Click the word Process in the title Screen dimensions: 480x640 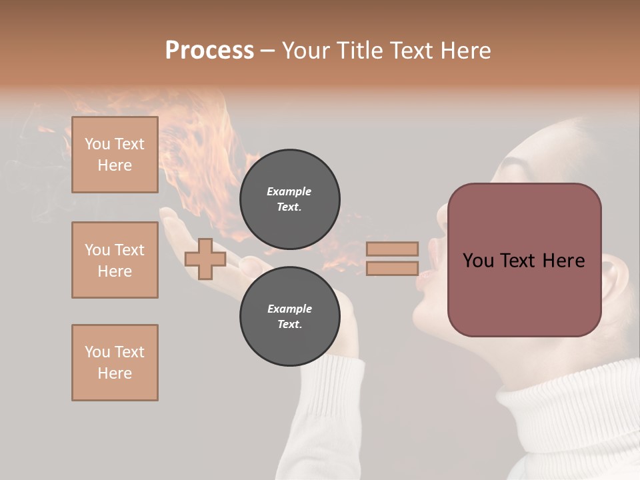coord(209,51)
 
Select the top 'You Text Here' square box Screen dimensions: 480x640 coord(115,155)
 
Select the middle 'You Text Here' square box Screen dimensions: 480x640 coord(115,260)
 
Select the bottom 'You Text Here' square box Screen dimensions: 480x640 coord(115,363)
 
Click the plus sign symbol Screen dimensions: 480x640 coord(205,259)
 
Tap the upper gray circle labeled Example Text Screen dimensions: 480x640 coord(289,199)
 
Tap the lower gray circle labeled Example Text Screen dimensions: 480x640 coord(289,316)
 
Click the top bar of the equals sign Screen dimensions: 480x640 coord(392,249)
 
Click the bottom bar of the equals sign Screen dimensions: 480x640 coord(392,268)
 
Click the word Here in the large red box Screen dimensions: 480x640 coord(563,261)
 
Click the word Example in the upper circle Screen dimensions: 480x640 coord(289,191)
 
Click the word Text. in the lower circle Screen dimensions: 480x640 coord(289,324)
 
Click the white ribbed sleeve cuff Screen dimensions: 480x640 coord(333,393)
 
